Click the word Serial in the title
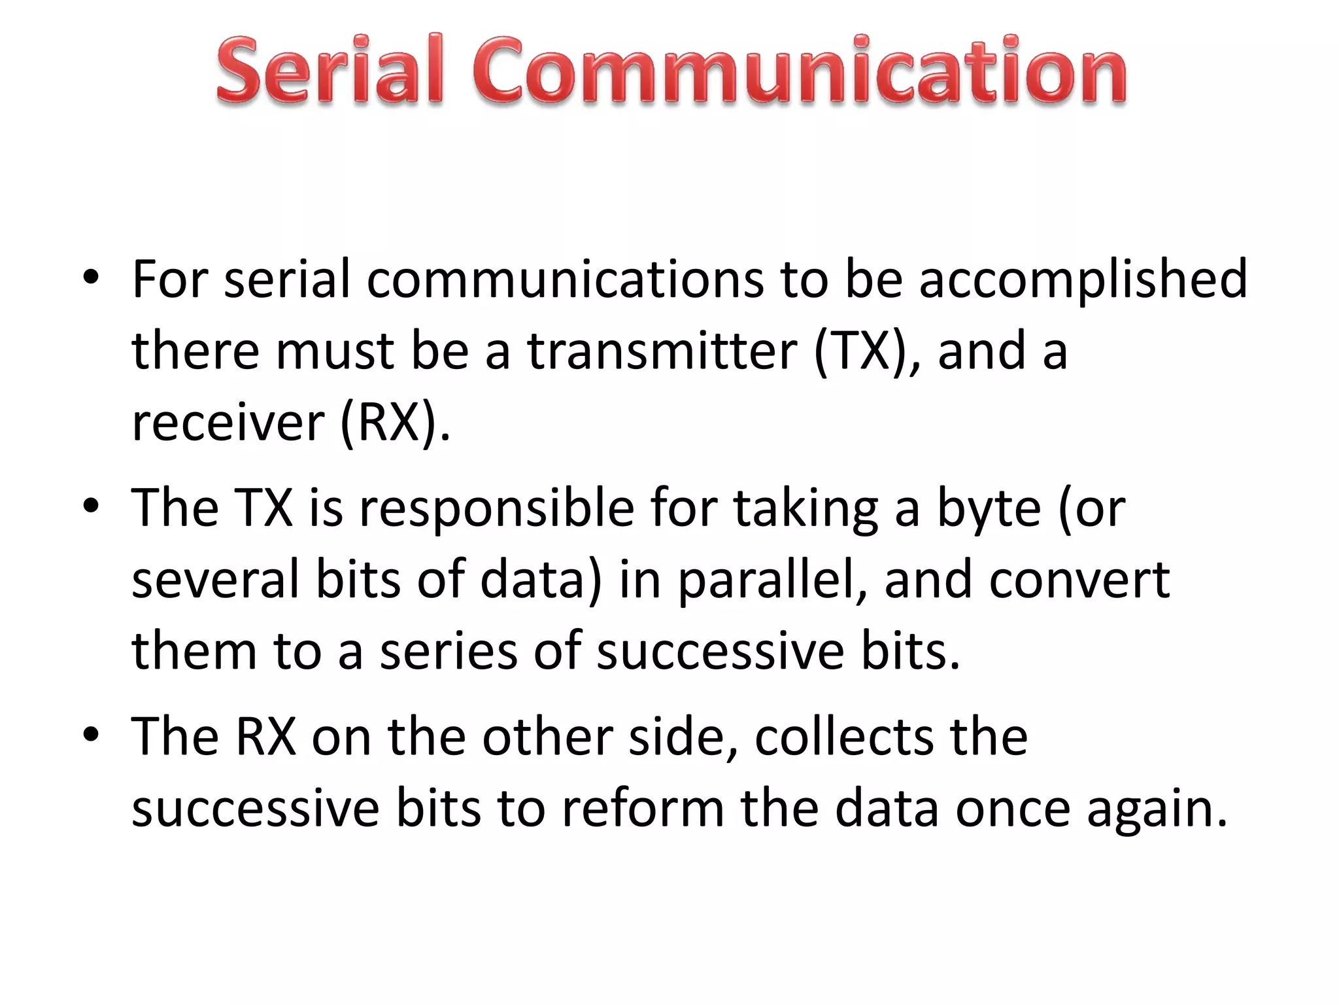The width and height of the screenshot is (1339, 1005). click(x=330, y=71)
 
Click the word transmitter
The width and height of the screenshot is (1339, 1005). click(x=662, y=351)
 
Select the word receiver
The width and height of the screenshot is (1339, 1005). click(x=228, y=423)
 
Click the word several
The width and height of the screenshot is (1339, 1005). click(x=215, y=580)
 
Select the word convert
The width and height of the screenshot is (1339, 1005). click(x=1079, y=580)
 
